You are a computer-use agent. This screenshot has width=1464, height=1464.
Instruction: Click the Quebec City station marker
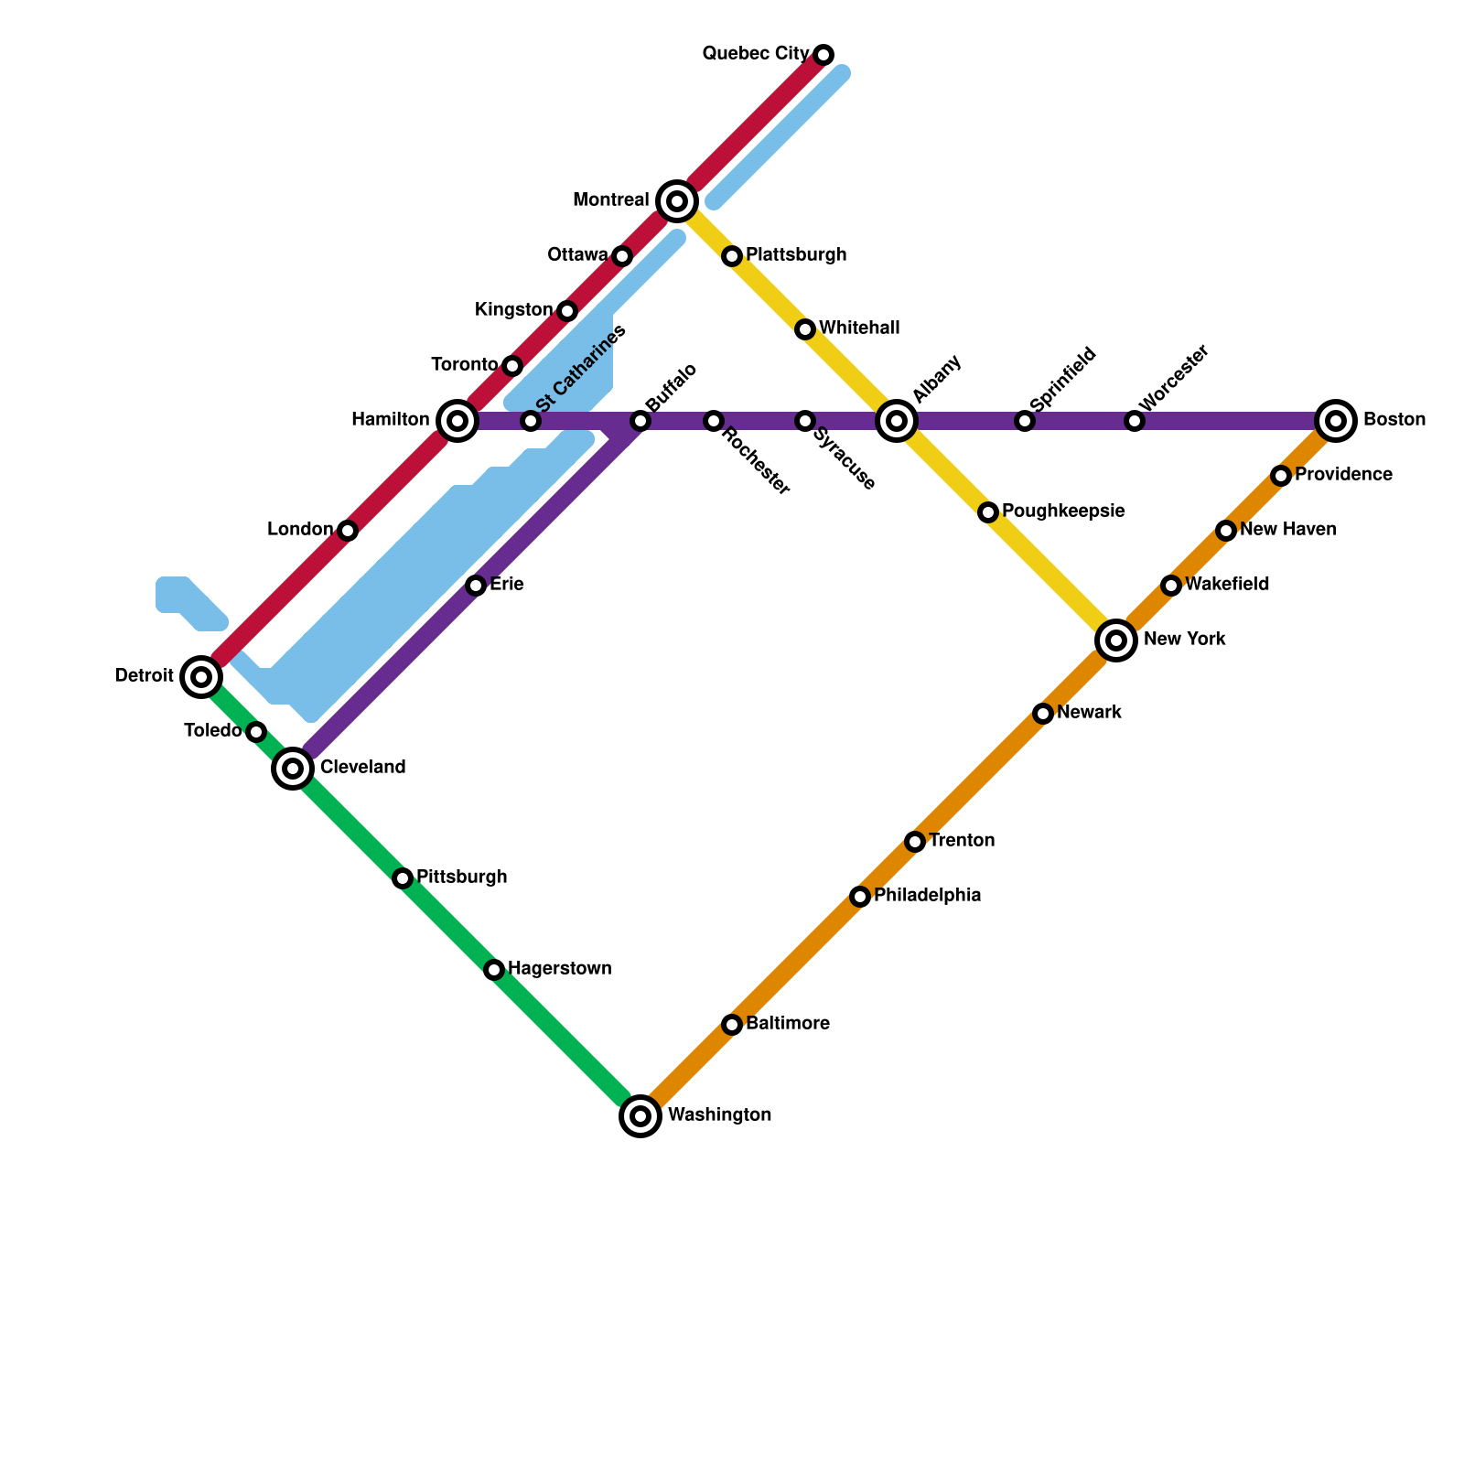pyautogui.click(x=823, y=55)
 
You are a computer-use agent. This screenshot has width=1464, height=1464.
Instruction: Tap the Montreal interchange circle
pyautogui.click(x=677, y=200)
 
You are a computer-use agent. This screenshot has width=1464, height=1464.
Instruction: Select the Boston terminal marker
pyautogui.click(x=1336, y=421)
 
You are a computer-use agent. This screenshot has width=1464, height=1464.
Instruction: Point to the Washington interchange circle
pyautogui.click(x=640, y=1115)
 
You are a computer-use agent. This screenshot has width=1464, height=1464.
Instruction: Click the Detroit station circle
pyautogui.click(x=201, y=677)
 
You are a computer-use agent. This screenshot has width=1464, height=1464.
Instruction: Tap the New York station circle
pyautogui.click(x=1116, y=640)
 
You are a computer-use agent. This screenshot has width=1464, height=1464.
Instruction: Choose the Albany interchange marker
pyautogui.click(x=897, y=421)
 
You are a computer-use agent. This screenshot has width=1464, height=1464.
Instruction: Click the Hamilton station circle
pyautogui.click(x=457, y=421)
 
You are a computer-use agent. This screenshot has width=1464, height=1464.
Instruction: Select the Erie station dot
pyautogui.click(x=476, y=586)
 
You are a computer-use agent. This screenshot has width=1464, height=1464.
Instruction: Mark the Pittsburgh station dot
pyautogui.click(x=403, y=878)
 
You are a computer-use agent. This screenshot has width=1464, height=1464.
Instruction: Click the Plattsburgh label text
pyautogui.click(x=796, y=255)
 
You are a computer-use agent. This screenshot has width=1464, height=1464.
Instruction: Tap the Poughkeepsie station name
pyautogui.click(x=1063, y=511)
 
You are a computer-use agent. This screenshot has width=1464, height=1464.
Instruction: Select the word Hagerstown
pyautogui.click(x=560, y=969)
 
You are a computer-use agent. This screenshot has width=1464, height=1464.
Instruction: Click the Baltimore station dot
pyautogui.click(x=732, y=1024)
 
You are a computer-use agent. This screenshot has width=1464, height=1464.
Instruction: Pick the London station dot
pyautogui.click(x=348, y=531)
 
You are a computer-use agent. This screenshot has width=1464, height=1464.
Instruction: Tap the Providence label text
pyautogui.click(x=1343, y=475)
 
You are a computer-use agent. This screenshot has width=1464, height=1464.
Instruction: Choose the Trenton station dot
pyautogui.click(x=915, y=841)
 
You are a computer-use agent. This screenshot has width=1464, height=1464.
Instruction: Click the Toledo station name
pyautogui.click(x=212, y=731)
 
